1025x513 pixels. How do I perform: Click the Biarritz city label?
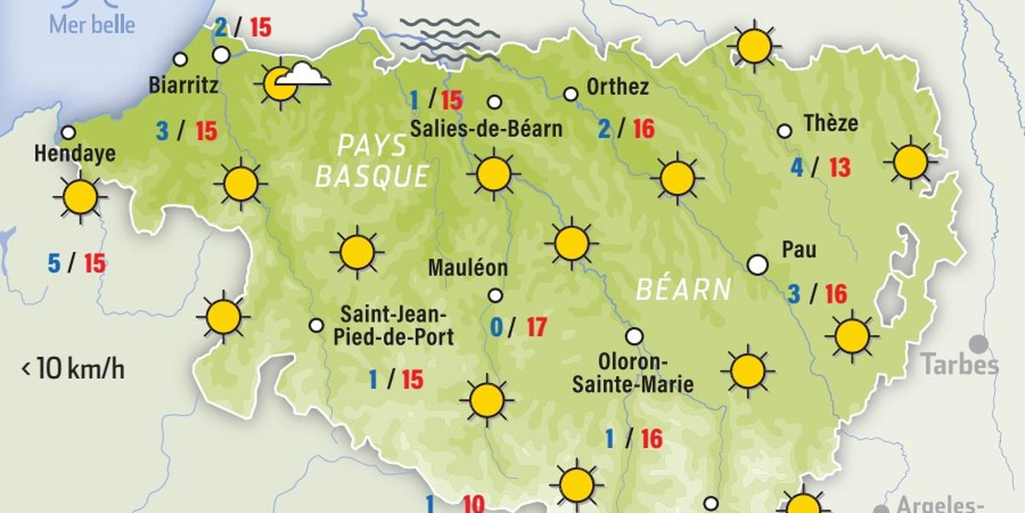183,85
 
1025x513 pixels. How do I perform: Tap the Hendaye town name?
74,156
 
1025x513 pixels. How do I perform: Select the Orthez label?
618,87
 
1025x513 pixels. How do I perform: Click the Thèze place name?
830,124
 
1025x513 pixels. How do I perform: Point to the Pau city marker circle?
757,264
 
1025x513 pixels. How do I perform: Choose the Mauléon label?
468,268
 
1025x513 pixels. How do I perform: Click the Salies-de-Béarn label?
486,129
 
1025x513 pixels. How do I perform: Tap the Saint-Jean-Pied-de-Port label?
396,324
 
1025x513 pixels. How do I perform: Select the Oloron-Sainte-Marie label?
632,373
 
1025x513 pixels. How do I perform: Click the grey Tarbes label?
959,366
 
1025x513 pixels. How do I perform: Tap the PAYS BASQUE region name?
372,161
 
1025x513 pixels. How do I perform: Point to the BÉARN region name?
683,290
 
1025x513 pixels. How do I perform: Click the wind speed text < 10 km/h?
73,369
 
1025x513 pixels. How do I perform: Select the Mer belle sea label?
91,24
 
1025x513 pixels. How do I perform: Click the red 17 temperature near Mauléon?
536,327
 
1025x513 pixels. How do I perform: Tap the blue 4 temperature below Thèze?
796,168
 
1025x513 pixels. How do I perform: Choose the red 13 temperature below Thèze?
839,168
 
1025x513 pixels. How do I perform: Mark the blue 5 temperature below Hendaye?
54,264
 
